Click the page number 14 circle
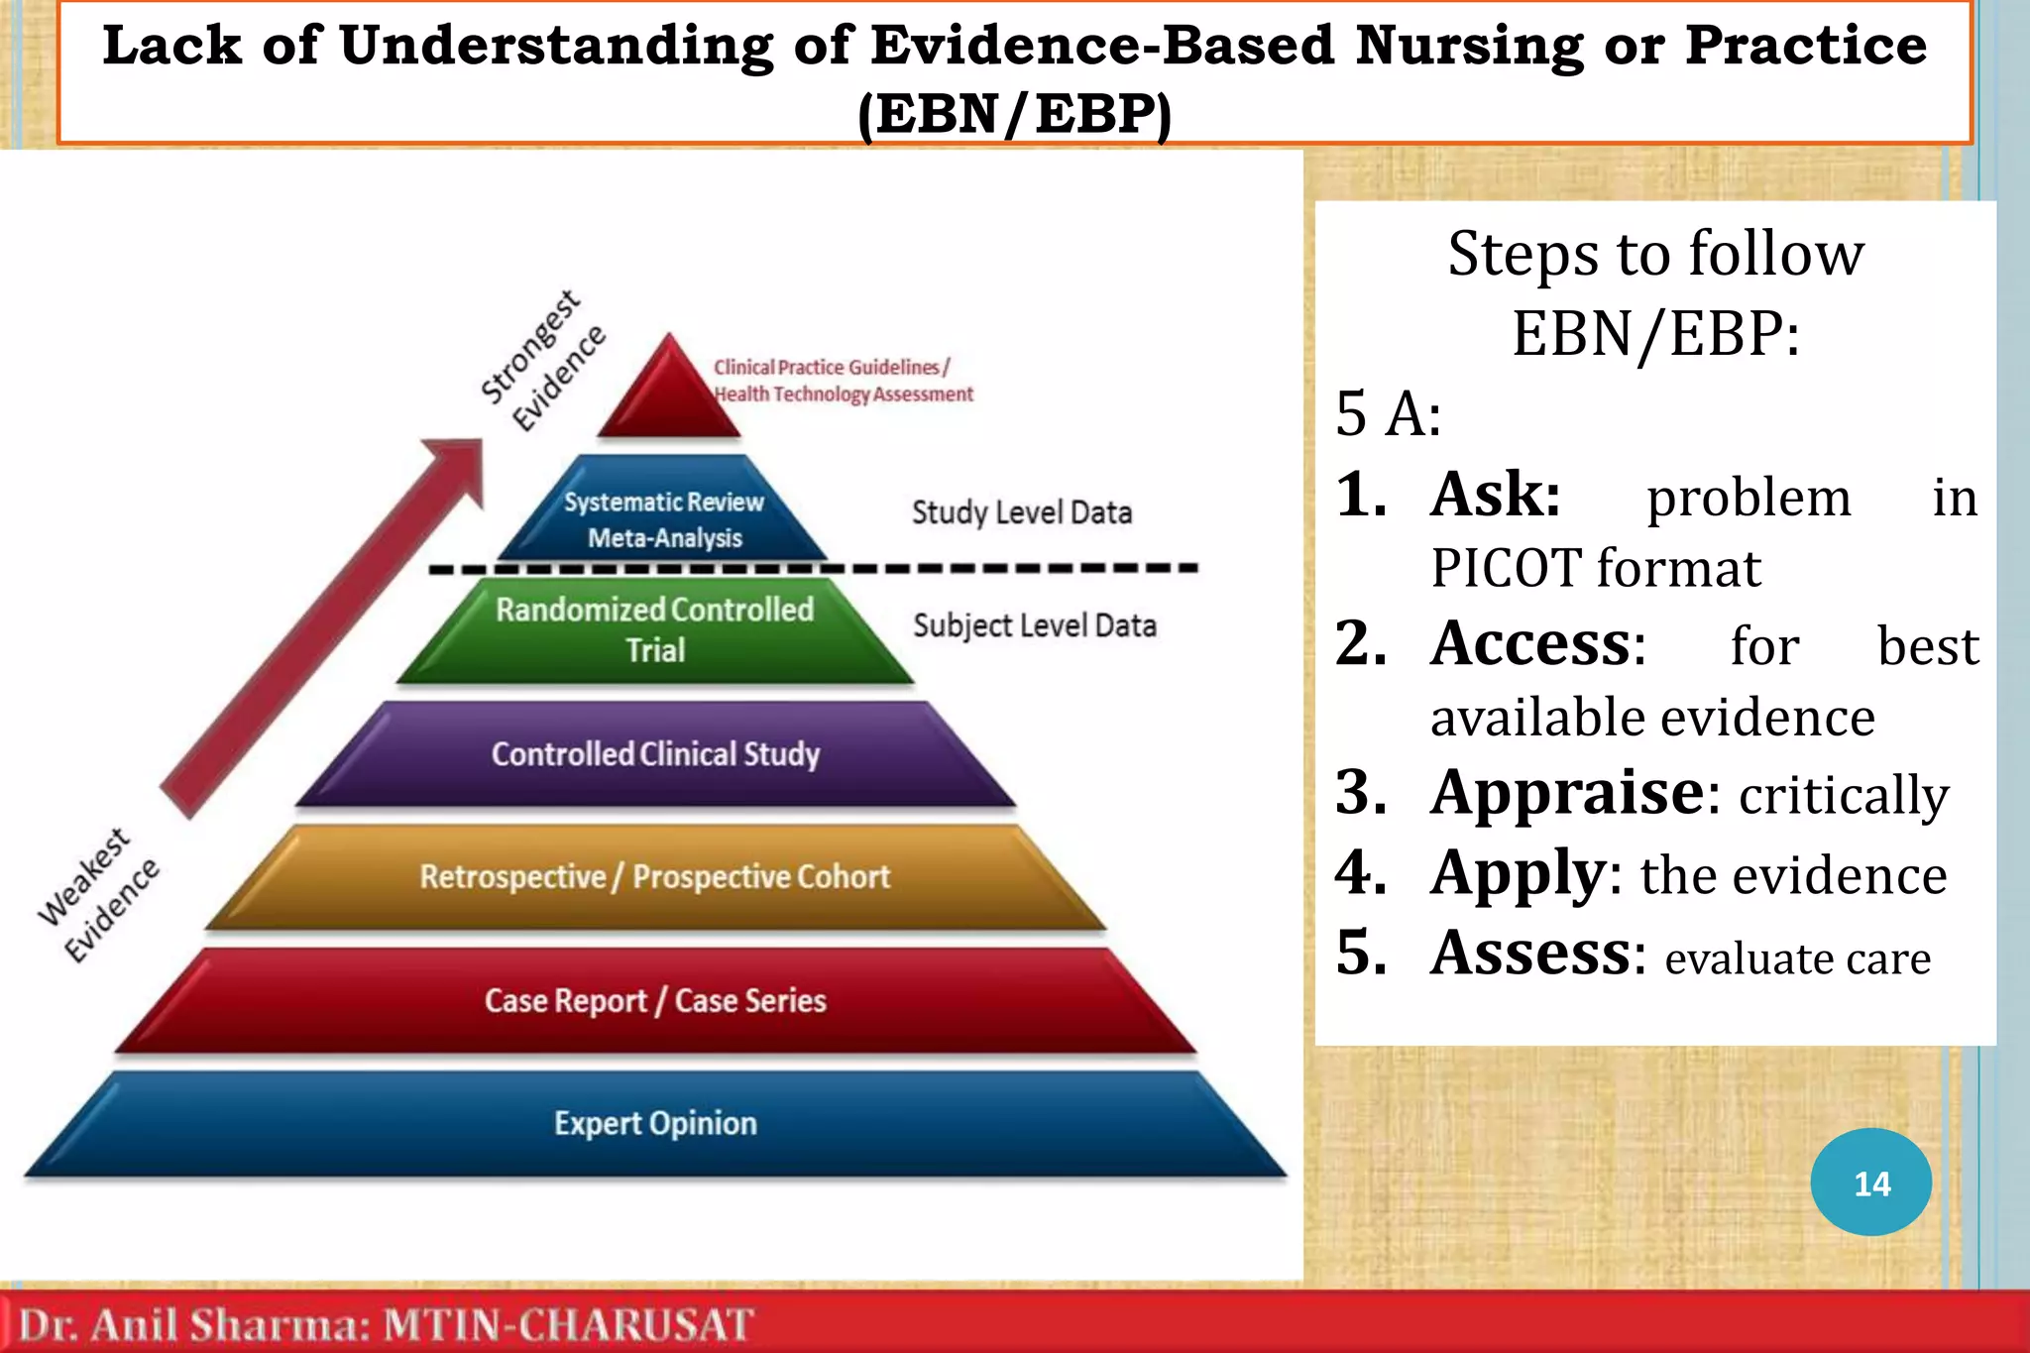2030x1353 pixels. point(1870,1182)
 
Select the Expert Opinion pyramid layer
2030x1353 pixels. point(655,1123)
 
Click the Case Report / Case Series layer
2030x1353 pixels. point(655,1000)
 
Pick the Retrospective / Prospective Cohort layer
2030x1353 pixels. point(655,877)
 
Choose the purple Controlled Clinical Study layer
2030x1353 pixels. point(655,754)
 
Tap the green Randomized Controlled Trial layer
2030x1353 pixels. point(655,629)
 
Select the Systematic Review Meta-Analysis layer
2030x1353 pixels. point(664,519)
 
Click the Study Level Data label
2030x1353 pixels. point(1021,512)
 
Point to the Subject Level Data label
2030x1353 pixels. point(1034,625)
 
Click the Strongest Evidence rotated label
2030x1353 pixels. point(542,361)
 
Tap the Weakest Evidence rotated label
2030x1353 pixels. point(98,895)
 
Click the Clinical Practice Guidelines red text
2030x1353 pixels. point(831,368)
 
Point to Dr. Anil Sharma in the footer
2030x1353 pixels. point(194,1325)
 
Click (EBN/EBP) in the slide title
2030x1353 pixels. point(1014,113)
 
